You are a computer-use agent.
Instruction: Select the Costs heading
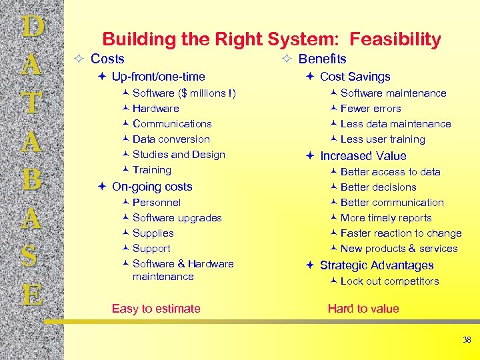(107, 59)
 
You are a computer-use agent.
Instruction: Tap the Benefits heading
(322, 59)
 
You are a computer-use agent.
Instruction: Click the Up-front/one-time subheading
(158, 77)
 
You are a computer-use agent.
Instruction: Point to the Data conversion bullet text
(171, 139)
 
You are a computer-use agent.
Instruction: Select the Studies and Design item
(179, 155)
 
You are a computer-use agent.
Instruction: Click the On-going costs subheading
(152, 187)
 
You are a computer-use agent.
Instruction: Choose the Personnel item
(157, 203)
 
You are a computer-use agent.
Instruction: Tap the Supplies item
(153, 233)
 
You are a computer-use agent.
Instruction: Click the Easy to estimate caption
(156, 309)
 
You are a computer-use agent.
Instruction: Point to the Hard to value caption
(363, 309)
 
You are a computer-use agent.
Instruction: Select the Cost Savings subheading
(355, 77)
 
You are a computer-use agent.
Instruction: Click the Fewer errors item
(371, 109)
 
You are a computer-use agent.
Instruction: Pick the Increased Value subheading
(363, 156)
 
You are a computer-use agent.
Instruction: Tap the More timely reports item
(386, 218)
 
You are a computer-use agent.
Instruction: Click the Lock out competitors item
(389, 281)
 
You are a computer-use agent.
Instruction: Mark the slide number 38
(467, 340)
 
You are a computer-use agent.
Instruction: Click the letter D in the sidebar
(33, 27)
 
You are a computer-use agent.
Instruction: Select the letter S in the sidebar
(33, 257)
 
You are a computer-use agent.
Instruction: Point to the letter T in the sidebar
(33, 103)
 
